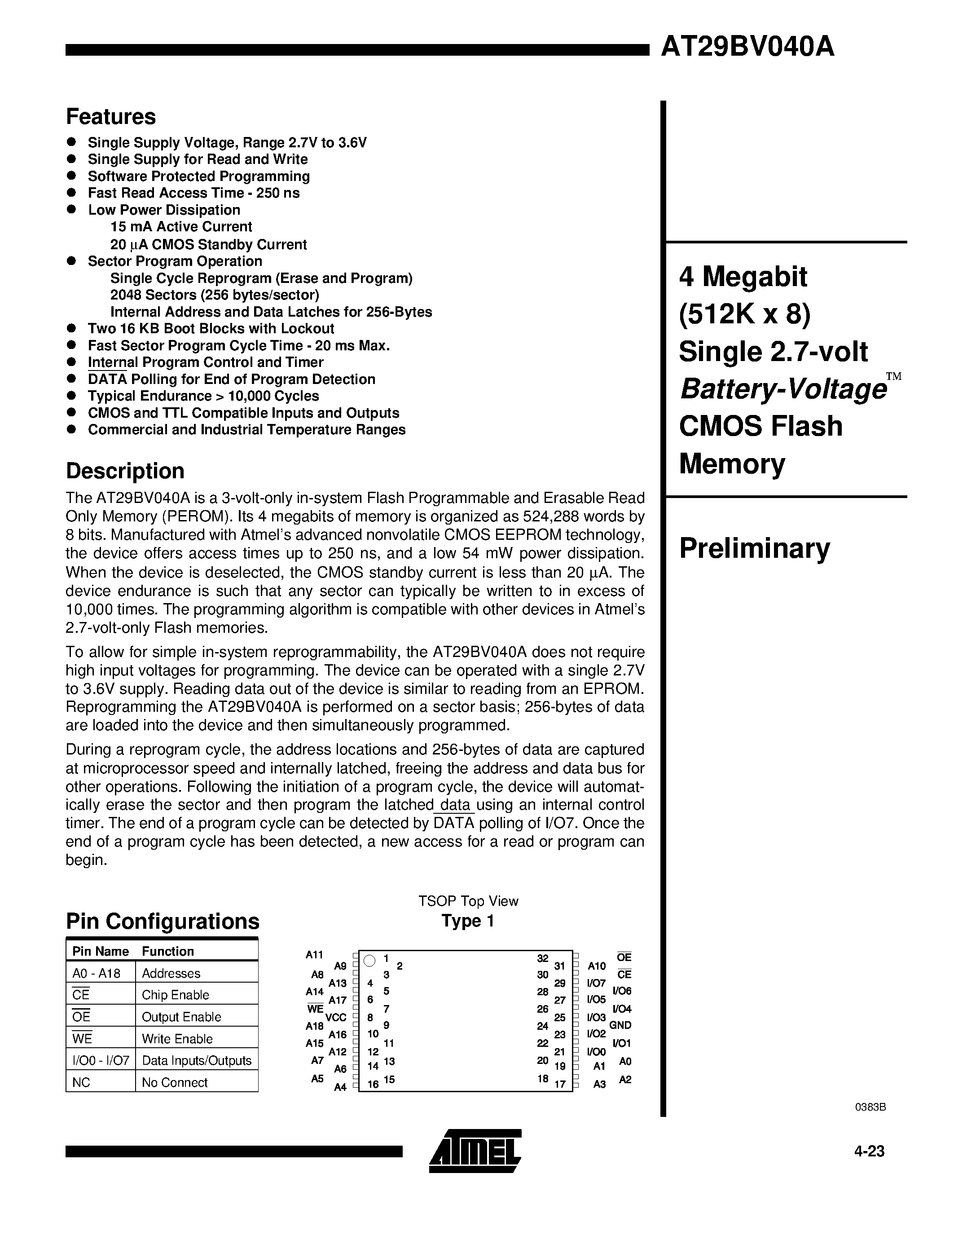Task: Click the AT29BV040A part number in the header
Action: point(747,47)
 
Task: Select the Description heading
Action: point(125,471)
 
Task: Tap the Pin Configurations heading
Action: point(163,921)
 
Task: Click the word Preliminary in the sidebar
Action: point(755,548)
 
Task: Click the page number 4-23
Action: point(869,1151)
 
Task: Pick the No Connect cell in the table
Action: point(175,1082)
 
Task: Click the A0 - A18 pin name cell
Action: point(97,973)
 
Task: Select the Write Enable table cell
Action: point(177,1039)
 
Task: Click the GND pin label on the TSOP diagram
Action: point(620,1025)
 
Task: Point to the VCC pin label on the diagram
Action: point(336,1017)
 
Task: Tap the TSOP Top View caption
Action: point(468,901)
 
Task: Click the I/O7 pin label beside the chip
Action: point(596,983)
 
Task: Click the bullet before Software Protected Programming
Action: point(72,176)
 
